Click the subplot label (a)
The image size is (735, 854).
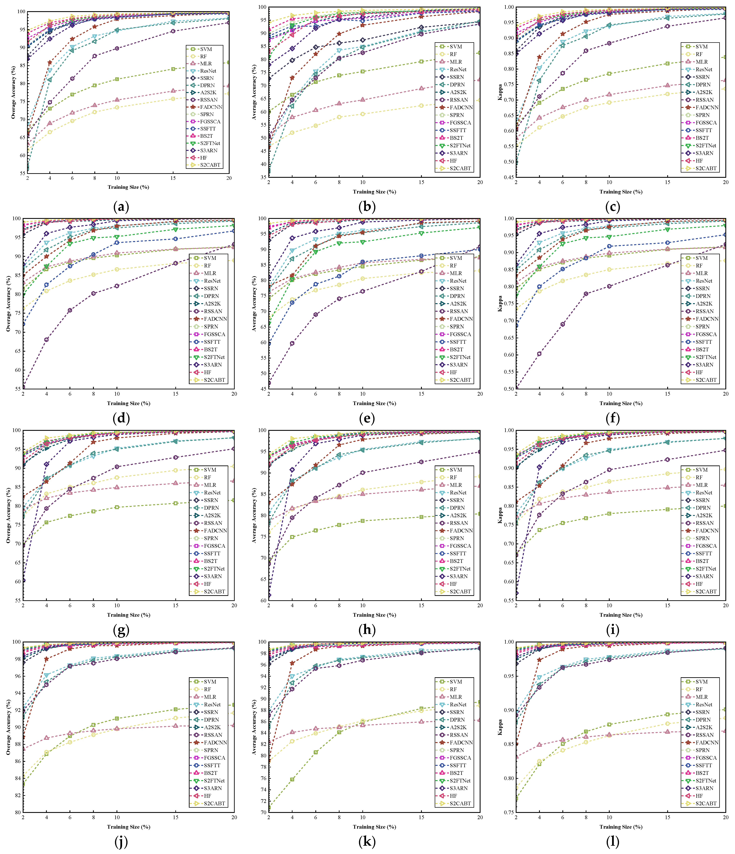121,207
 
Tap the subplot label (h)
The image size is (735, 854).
367,630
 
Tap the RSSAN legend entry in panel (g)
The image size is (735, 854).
213,523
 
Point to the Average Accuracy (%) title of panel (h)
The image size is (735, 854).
254,515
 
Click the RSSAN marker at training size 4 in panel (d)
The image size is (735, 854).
46,340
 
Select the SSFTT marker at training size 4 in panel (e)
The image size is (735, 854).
292,303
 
